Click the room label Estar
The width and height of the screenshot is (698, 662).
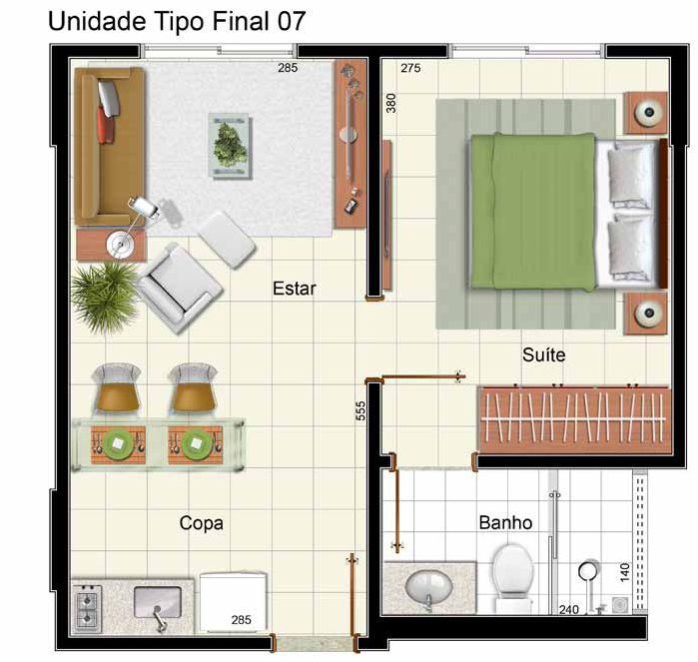coord(295,289)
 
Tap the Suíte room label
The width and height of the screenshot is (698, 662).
coord(544,354)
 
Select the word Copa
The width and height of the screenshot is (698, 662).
coord(201,523)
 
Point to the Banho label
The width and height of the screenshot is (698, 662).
coord(505,522)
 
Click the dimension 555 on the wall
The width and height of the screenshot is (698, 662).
coord(360,411)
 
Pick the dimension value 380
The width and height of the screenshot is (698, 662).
coord(390,103)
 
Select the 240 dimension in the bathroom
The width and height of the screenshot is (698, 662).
coord(569,609)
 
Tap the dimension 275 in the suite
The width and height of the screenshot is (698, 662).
coord(410,68)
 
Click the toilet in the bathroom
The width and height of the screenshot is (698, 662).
coord(513,578)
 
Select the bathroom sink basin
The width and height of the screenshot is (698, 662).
coord(428,588)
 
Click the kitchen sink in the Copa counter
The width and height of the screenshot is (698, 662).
coord(158,602)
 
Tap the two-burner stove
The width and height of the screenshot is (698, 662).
coord(87,608)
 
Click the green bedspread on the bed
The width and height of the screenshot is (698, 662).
coord(533,212)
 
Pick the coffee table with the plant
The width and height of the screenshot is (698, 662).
coord(230,146)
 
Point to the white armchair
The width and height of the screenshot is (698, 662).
coord(180,288)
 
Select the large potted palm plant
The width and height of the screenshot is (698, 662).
coord(105,295)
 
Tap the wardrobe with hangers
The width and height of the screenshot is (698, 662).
coord(574,419)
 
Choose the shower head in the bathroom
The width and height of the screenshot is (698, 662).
coord(588,571)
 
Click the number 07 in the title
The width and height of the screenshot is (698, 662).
coord(292,21)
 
